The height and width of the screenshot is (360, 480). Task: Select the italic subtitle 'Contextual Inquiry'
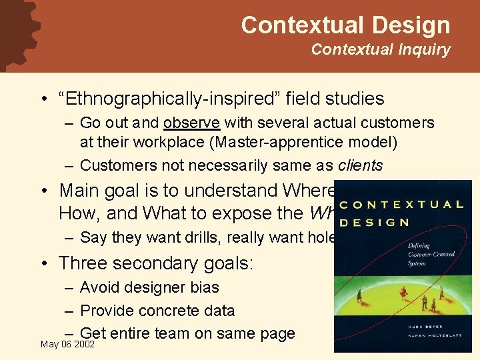pyautogui.click(x=381, y=49)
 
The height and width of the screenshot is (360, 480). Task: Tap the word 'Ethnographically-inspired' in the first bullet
pyautogui.click(x=167, y=99)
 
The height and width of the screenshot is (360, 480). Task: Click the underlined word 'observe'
pyautogui.click(x=192, y=123)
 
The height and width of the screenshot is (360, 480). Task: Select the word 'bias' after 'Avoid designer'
pyautogui.click(x=204, y=287)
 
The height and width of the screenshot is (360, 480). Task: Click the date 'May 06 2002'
pyautogui.click(x=67, y=344)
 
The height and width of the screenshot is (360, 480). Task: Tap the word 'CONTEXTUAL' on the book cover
pyautogui.click(x=406, y=205)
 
